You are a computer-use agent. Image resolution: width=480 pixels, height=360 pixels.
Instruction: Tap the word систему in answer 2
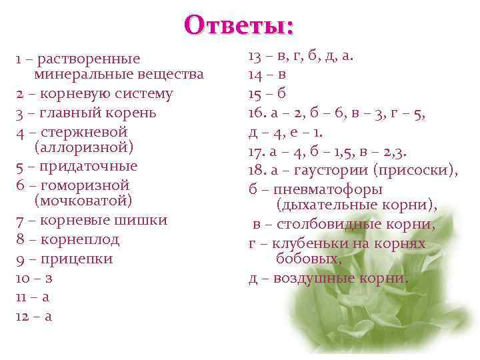click(x=145, y=94)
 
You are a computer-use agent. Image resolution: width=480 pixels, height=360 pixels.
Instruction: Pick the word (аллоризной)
click(x=83, y=146)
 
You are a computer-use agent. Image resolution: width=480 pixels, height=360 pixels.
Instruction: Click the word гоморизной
click(x=85, y=185)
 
